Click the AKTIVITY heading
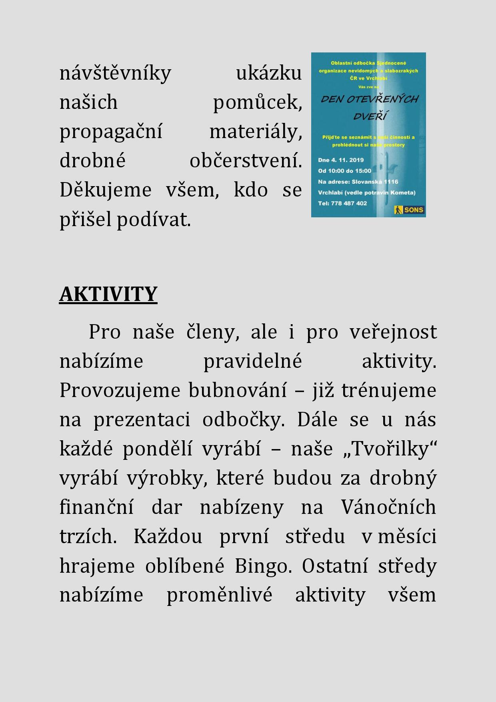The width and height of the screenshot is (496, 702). click(x=108, y=294)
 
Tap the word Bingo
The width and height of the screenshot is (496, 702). click(x=263, y=566)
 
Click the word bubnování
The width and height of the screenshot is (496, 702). click(x=238, y=390)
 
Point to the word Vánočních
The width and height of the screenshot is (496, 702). click(x=388, y=507)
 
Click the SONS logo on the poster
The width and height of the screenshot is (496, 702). click(x=409, y=210)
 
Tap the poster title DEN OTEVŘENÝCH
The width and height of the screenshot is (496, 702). click(x=369, y=99)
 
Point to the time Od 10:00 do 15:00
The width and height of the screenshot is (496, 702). click(x=344, y=171)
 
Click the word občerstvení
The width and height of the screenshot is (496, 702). click(x=246, y=161)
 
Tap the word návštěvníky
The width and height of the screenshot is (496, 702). click(x=115, y=73)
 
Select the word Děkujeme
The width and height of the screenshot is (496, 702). click(x=106, y=190)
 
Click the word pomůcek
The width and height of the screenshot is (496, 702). click(x=257, y=102)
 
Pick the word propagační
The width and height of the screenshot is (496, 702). click(x=111, y=132)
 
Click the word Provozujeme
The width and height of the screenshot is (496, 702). click(x=120, y=390)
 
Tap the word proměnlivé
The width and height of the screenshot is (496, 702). click(x=219, y=595)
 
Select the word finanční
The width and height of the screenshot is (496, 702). click(x=96, y=507)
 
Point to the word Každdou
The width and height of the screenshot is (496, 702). click(x=168, y=536)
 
